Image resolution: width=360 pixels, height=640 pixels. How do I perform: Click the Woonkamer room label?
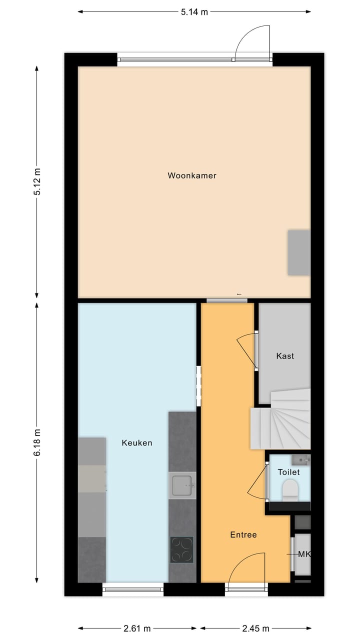click(x=192, y=175)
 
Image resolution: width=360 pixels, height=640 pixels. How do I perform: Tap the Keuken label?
click(x=136, y=442)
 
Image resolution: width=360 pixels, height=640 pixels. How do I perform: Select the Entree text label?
click(x=243, y=534)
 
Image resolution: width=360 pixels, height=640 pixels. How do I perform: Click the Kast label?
click(x=285, y=356)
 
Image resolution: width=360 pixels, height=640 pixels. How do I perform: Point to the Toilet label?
click(x=288, y=472)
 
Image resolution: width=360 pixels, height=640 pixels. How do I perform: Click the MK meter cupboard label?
click(x=304, y=554)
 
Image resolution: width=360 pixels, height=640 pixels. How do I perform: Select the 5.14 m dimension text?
click(x=194, y=12)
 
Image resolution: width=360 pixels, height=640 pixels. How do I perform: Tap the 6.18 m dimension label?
click(x=37, y=443)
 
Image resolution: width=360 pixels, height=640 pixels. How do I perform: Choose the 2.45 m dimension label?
click(x=256, y=628)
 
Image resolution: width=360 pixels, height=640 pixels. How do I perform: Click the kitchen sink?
click(x=182, y=485)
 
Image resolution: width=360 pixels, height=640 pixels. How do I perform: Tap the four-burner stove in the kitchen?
click(x=182, y=549)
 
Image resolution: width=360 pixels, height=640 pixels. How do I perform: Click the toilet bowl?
click(x=290, y=490)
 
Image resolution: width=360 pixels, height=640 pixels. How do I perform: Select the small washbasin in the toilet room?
click(x=301, y=459)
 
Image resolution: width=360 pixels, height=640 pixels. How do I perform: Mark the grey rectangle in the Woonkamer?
click(x=299, y=252)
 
